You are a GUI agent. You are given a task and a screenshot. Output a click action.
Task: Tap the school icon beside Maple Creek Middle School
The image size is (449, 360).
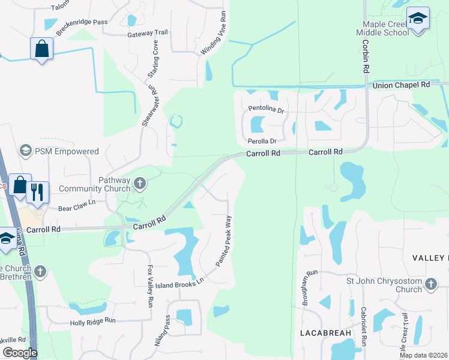(418, 18)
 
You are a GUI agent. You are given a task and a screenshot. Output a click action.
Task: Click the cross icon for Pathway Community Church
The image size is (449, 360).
(140, 182)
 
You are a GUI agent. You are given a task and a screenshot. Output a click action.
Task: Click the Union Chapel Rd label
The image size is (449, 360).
(401, 85)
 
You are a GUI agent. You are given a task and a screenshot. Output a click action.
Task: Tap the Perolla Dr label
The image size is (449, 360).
(262, 142)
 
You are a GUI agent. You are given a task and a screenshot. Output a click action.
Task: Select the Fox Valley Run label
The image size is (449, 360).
(150, 287)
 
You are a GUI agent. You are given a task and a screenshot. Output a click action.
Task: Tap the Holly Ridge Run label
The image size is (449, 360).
(92, 321)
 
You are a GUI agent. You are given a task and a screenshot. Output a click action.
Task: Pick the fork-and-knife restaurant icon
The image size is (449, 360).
(37, 192)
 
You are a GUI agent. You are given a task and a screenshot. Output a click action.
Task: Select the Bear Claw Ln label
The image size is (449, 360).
(77, 206)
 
